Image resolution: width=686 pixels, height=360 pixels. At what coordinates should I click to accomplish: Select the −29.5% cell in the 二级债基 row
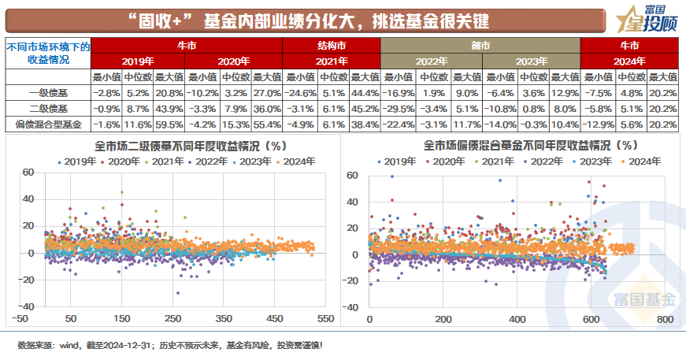[x=398, y=108]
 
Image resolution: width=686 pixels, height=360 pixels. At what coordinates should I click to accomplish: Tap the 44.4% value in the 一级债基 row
[x=365, y=92]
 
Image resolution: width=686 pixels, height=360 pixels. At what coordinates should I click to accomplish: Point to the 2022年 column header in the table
[x=430, y=61]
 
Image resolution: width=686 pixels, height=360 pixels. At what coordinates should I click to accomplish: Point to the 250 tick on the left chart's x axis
[x=173, y=318]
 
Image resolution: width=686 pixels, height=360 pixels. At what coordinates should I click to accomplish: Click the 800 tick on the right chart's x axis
[x=664, y=318]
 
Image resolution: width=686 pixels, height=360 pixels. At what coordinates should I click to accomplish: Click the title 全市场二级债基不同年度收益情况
[x=178, y=145]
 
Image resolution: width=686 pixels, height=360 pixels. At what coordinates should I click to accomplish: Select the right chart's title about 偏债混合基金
[x=518, y=145]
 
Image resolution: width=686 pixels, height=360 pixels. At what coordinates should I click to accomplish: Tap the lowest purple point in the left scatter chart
[x=178, y=292]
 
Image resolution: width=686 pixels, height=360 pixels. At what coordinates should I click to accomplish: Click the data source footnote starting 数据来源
[x=170, y=345]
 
